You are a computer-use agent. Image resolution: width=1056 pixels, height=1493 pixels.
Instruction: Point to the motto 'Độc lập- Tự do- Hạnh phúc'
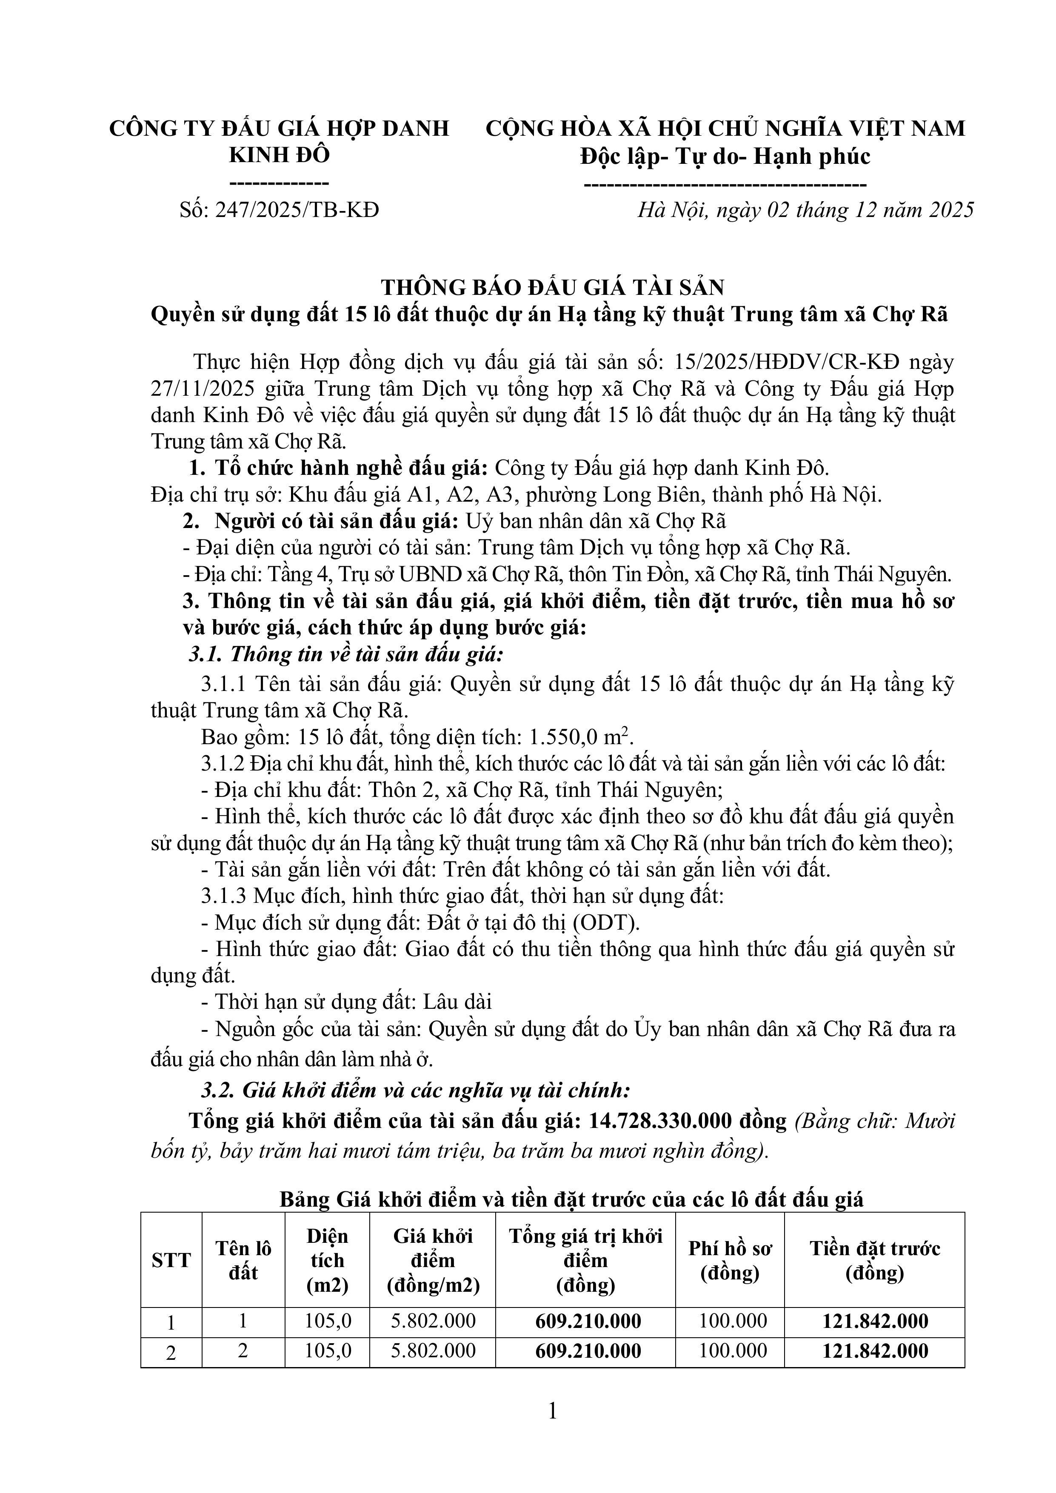pos(725,156)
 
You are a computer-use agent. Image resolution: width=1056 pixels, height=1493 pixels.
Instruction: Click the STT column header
pos(171,1260)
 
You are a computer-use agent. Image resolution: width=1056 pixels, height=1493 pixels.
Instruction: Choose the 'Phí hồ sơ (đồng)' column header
pos(730,1260)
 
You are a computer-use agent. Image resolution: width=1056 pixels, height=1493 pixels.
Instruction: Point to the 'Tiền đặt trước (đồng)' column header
pos(875,1260)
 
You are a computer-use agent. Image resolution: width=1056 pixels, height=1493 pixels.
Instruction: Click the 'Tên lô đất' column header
pos(243,1260)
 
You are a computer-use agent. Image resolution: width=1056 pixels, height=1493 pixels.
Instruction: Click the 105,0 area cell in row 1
pos(328,1322)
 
